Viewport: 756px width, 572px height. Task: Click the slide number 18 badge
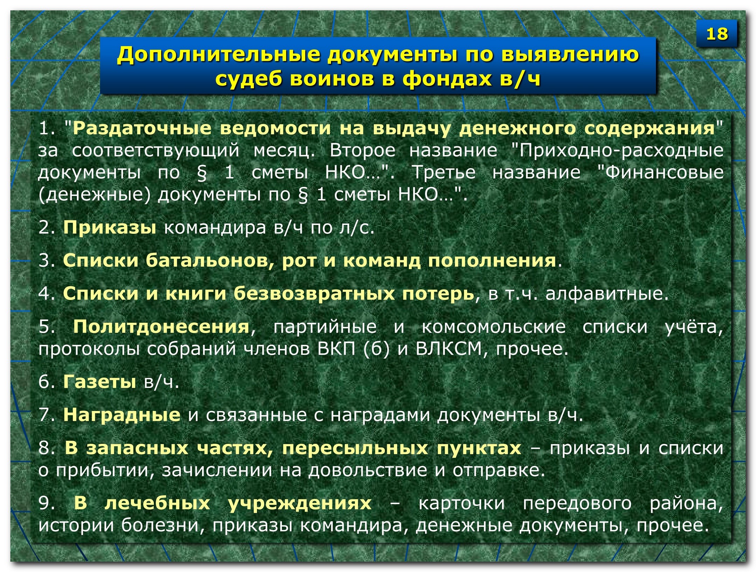click(716, 34)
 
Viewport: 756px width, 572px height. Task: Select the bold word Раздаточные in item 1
click(142, 128)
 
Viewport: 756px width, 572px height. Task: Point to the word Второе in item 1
click(362, 151)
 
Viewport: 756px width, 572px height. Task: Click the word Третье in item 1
click(444, 172)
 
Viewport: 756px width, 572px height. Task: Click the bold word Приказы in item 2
click(110, 228)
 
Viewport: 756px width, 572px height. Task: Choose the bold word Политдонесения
click(161, 327)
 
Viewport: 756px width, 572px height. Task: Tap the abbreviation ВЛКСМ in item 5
click(449, 349)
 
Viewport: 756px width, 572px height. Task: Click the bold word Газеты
click(100, 382)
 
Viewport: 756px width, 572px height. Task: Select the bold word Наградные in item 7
click(122, 415)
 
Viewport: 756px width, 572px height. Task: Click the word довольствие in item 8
click(368, 470)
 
